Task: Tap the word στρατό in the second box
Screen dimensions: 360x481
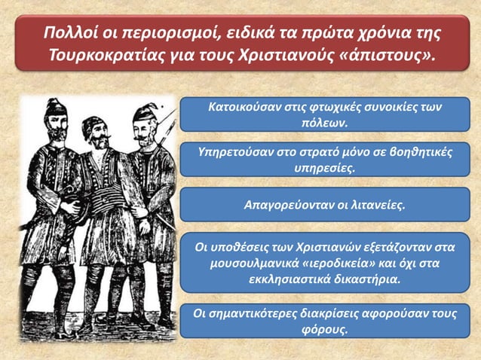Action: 315,152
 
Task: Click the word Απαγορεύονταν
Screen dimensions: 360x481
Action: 287,204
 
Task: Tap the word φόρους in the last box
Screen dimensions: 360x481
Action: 323,330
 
